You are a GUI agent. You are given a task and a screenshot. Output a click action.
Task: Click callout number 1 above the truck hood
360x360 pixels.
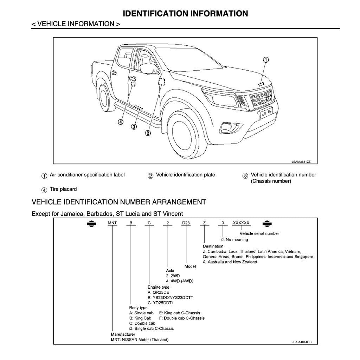(266, 60)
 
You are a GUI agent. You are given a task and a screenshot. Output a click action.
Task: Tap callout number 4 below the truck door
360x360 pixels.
(121, 122)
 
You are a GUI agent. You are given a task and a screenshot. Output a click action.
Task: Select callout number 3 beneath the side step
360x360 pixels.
(134, 127)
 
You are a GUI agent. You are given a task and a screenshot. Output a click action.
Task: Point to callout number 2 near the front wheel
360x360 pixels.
(148, 133)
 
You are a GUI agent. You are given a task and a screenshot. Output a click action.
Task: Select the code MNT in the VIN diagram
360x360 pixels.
(112, 223)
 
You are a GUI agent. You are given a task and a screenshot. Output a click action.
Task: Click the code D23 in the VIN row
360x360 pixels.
(185, 223)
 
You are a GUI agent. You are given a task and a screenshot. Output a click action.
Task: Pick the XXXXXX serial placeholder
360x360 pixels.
(241, 223)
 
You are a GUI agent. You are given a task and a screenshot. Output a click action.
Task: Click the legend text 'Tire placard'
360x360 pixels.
(63, 189)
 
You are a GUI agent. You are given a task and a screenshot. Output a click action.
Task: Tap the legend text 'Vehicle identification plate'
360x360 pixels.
(185, 175)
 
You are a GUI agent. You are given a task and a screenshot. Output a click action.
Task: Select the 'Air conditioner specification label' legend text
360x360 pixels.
(87, 175)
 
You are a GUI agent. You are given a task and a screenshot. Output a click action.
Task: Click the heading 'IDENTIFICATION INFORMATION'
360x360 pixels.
(185, 14)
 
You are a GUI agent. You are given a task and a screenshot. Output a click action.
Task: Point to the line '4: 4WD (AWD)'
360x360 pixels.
(180, 281)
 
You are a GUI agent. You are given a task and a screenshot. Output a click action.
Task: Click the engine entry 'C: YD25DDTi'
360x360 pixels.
(160, 303)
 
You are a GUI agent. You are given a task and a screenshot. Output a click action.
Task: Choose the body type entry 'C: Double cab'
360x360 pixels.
(142, 323)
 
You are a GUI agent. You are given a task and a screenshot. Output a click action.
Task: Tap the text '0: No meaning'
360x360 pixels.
(234, 240)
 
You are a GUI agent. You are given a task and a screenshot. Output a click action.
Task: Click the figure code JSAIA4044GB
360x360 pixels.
(302, 341)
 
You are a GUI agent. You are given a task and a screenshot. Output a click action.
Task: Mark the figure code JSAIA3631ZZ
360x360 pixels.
(301, 162)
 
